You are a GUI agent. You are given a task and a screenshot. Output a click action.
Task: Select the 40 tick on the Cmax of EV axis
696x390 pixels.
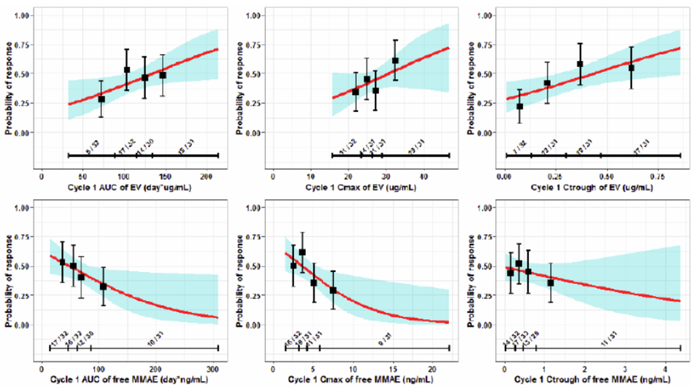(423, 176)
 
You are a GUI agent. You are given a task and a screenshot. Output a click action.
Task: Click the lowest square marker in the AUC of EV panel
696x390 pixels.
(101, 99)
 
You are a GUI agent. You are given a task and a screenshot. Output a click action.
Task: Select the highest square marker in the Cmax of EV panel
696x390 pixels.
(395, 60)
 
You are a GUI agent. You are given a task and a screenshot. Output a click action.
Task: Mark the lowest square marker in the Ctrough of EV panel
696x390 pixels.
(520, 107)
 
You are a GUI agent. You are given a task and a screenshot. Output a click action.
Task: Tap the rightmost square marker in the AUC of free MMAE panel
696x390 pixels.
(103, 286)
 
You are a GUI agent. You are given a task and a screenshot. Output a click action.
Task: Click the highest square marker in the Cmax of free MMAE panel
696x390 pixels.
(303, 252)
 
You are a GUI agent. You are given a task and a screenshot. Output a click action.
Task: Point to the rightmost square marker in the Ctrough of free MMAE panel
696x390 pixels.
(550, 283)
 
